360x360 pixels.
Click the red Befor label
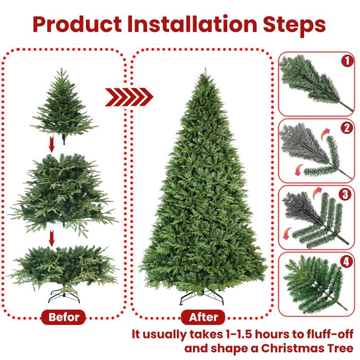63,317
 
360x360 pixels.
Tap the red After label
203,317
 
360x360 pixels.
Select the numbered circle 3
346,194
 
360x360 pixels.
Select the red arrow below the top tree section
52,145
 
